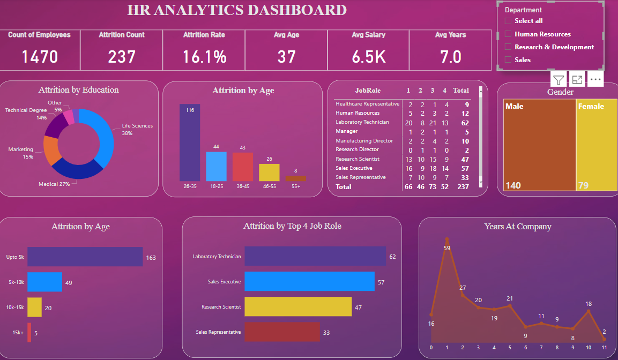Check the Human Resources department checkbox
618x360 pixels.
coord(508,34)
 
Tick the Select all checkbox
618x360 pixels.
coord(508,21)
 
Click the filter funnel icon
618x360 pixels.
coord(559,80)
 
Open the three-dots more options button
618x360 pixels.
coord(595,80)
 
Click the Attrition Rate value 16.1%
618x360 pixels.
coord(204,56)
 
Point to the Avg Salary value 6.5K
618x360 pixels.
coord(369,56)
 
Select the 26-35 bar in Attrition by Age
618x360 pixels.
coord(190,142)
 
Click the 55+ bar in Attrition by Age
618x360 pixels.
coord(296,178)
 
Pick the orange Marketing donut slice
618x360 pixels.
coord(53,151)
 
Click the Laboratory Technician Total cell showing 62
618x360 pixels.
coord(466,122)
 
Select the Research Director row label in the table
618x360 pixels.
coord(357,149)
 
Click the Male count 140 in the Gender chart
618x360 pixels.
coord(513,186)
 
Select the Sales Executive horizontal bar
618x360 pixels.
coord(309,281)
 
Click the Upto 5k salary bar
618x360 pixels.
coord(85,257)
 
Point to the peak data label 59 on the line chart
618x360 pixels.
coord(447,247)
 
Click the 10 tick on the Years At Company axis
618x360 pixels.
coord(589,347)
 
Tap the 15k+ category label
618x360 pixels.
coord(18,333)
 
